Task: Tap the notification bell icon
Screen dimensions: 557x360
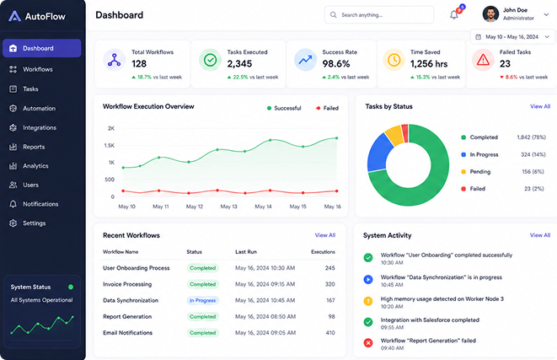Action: coord(454,15)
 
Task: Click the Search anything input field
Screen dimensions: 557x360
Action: coord(379,15)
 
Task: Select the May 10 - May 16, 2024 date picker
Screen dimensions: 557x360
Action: coord(512,37)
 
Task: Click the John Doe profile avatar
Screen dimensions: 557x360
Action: coord(490,14)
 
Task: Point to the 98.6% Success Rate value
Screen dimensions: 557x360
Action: coord(336,64)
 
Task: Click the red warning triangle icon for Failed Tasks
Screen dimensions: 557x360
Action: coord(483,60)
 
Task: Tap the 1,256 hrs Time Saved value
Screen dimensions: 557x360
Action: coord(429,64)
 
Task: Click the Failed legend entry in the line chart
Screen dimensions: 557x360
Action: coord(327,108)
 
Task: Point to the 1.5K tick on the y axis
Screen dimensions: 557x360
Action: coord(110,145)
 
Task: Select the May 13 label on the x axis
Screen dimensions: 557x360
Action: coord(228,207)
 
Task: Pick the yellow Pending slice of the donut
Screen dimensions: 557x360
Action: coord(394,134)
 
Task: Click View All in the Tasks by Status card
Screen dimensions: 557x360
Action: coord(540,106)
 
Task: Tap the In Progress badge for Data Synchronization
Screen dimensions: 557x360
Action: coord(202,300)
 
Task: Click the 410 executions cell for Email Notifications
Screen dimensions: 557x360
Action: coord(330,333)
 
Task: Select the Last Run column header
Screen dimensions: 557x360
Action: coord(246,251)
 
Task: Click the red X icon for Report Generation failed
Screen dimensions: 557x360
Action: coord(368,343)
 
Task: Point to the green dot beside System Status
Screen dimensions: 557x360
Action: coord(71,287)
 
